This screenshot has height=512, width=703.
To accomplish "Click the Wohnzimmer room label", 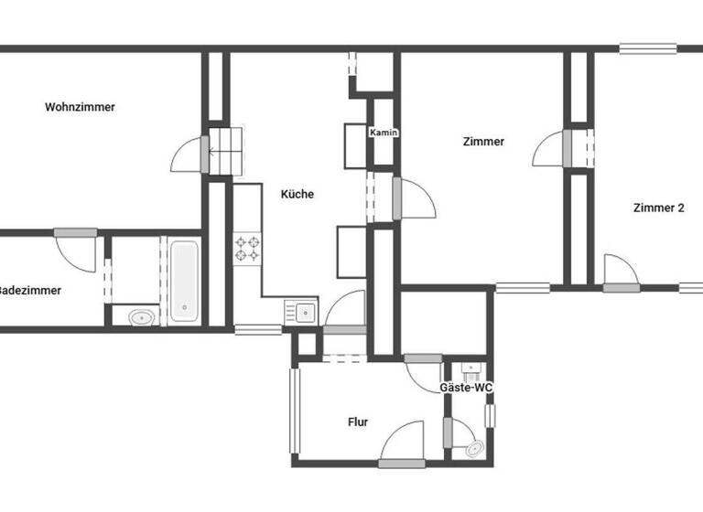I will tap(80, 107).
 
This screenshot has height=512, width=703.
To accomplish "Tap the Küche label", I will tap(297, 194).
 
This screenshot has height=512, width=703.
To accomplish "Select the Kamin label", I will tap(383, 133).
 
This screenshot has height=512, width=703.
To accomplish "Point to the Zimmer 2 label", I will tap(658, 208).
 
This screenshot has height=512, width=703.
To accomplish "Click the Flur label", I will tap(358, 421).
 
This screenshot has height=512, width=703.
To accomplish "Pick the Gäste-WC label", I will tap(467, 388).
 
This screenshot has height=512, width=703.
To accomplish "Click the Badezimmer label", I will tap(30, 290).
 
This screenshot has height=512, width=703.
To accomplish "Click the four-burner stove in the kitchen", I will tap(247, 248).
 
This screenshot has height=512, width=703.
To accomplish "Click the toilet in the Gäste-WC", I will tap(474, 449).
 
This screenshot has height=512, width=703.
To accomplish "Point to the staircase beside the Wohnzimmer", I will tap(227, 149).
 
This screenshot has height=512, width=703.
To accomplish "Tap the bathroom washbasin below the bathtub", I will tap(141, 318).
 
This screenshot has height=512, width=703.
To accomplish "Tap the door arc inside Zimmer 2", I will tap(620, 271).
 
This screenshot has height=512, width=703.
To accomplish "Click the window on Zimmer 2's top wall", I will tap(648, 48).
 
